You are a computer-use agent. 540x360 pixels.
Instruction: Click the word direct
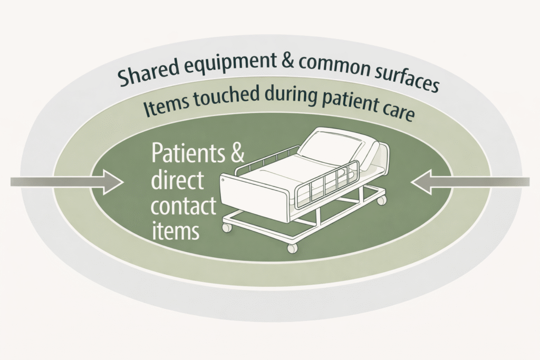click(x=177, y=181)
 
